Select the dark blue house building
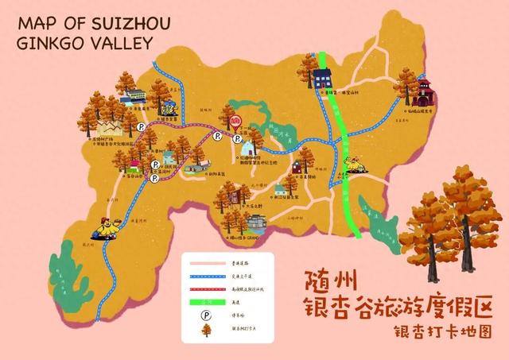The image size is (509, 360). (322, 78)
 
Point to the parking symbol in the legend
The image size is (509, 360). (206, 314)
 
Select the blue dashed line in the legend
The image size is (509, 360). (206, 275)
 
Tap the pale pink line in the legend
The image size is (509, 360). (206, 261)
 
